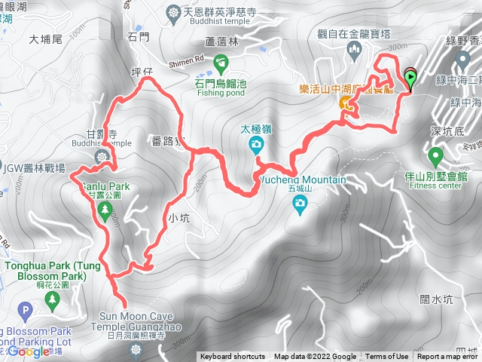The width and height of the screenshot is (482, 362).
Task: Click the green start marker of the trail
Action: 410,75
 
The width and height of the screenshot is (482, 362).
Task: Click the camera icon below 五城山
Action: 300,203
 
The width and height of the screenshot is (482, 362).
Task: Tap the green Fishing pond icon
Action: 221,62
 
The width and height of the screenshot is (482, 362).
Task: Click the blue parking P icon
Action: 27,309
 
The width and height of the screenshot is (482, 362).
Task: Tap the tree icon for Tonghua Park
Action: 52,301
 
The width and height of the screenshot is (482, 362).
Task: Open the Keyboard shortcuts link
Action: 232,357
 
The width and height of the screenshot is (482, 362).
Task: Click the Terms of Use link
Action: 387,357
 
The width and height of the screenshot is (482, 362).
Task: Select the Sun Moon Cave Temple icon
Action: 136,349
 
